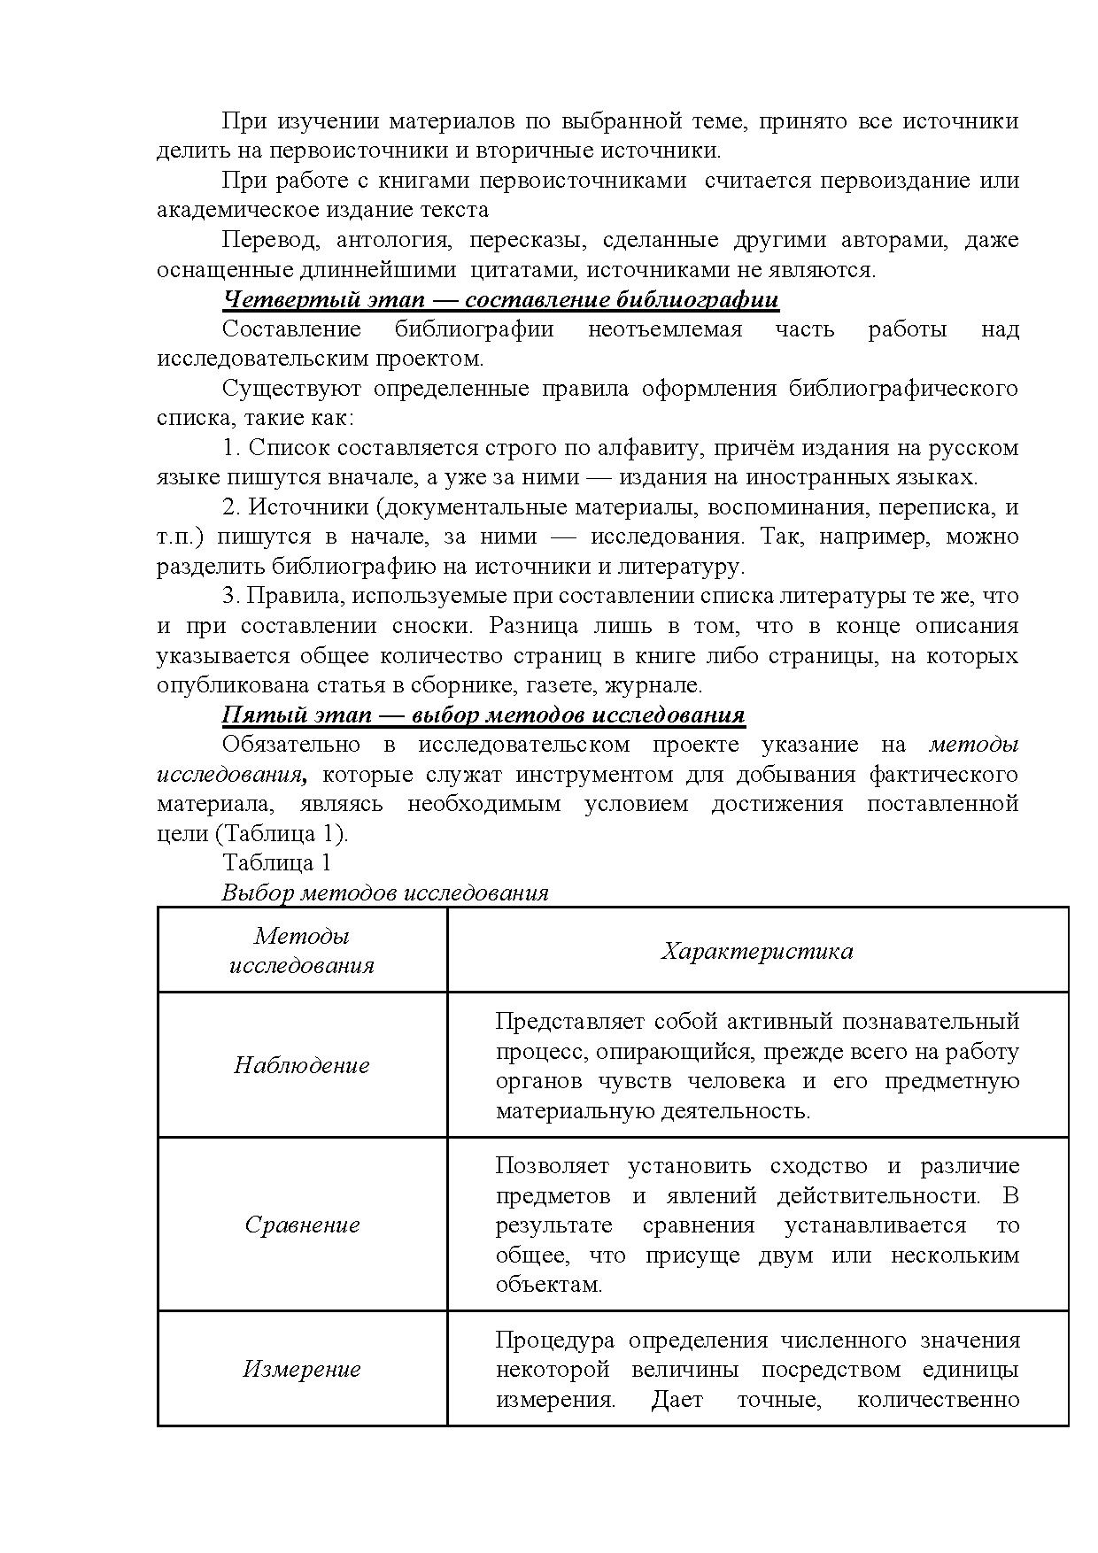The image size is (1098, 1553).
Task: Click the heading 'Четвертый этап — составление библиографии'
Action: point(500,299)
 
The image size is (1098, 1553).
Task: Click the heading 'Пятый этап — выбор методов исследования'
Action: point(483,715)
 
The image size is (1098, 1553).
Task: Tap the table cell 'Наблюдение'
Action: point(301,1064)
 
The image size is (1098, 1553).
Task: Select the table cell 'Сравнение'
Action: point(302,1225)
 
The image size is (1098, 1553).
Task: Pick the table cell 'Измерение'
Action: point(302,1369)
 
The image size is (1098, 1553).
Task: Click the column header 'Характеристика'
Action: point(757,950)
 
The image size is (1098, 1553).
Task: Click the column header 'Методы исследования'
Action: point(302,950)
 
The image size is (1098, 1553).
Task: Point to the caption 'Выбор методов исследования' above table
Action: point(385,892)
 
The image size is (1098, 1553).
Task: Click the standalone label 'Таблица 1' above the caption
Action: point(276,862)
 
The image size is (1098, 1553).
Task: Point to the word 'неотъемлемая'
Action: point(664,329)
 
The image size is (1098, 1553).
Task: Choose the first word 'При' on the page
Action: point(239,121)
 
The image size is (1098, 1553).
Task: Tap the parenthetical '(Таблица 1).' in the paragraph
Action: point(282,833)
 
